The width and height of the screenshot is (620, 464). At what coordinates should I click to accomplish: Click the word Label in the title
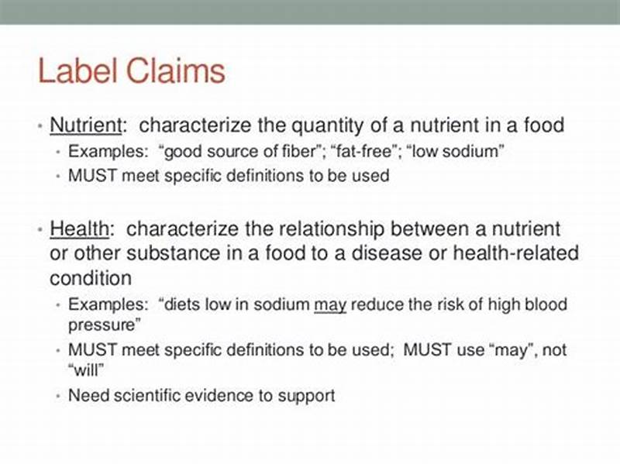pyautogui.click(x=74, y=70)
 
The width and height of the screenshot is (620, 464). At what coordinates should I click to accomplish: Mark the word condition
pyautogui.click(x=91, y=278)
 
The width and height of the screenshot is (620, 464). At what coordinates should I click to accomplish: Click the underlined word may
pyautogui.click(x=329, y=304)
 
